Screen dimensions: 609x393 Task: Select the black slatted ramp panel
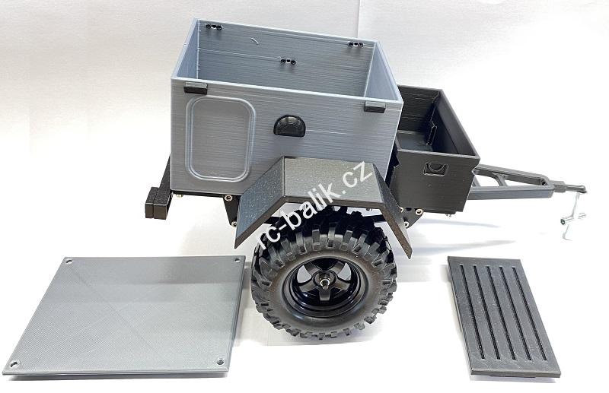click(x=504, y=316)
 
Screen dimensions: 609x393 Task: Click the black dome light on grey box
click(x=289, y=125)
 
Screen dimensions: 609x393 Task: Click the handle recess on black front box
click(x=435, y=169)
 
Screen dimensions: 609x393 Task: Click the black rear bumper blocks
click(x=158, y=202)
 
